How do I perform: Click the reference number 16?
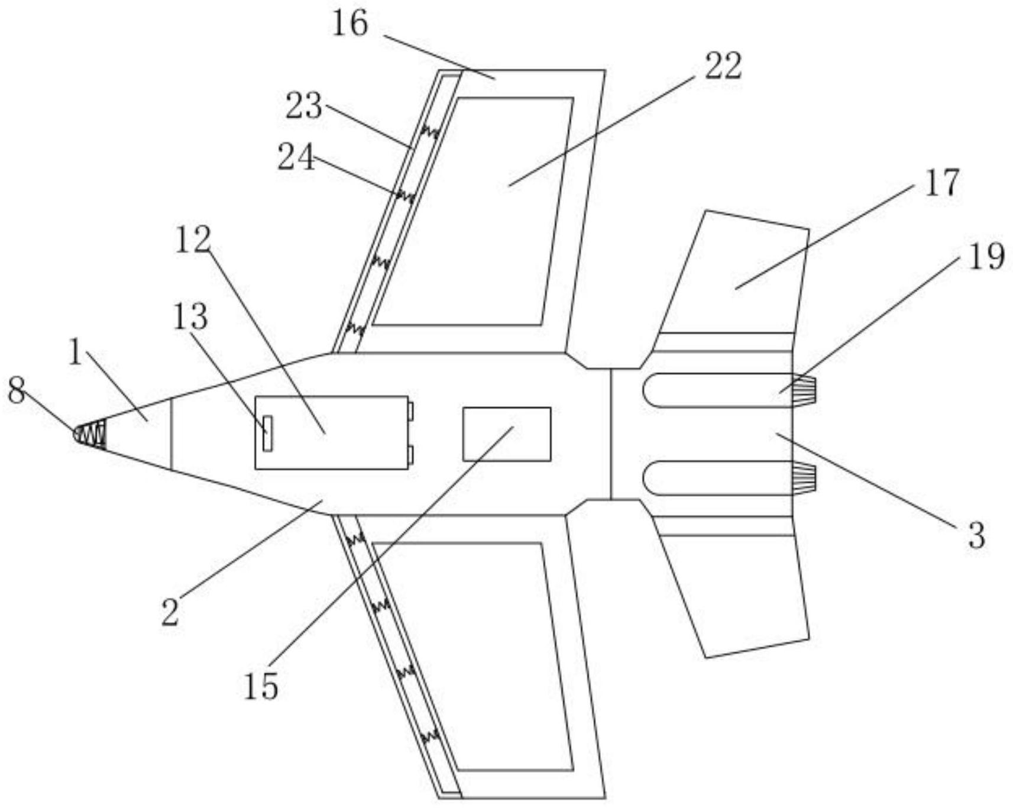[350, 24]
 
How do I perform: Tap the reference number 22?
[723, 66]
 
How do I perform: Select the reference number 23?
[304, 106]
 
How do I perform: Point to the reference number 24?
[296, 158]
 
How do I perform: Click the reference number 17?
[942, 183]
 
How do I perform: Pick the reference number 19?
[986, 257]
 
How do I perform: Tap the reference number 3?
[976, 535]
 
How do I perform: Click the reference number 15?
[261, 687]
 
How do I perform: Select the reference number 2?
[170, 612]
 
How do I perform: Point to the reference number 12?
[192, 240]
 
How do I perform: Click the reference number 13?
[190, 316]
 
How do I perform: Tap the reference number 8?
[17, 390]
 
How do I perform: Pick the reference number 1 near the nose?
[75, 353]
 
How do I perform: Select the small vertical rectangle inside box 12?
[267, 434]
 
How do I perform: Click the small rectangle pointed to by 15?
[507, 434]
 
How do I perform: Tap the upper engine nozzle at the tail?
[804, 391]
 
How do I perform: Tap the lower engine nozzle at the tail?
[804, 479]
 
